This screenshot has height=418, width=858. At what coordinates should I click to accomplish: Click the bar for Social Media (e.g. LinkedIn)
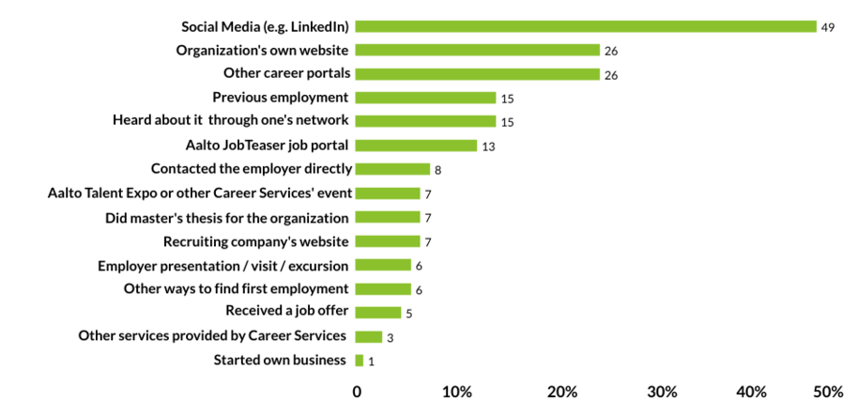pyautogui.click(x=586, y=26)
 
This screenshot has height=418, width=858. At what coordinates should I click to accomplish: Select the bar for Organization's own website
pyautogui.click(x=477, y=50)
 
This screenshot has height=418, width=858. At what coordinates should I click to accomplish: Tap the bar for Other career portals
pyautogui.click(x=477, y=74)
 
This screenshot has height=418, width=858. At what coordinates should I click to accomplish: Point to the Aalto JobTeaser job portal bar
pyautogui.click(x=416, y=146)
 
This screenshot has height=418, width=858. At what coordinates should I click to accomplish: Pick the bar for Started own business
pyautogui.click(x=360, y=361)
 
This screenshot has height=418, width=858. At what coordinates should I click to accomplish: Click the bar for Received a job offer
pyautogui.click(x=378, y=313)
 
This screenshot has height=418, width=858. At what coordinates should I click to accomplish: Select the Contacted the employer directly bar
pyautogui.click(x=392, y=169)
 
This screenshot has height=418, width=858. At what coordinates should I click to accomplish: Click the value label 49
pyautogui.click(x=828, y=27)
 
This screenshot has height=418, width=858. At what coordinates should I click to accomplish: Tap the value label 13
pyautogui.click(x=488, y=147)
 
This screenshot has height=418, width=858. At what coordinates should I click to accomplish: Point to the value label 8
pyautogui.click(x=438, y=170)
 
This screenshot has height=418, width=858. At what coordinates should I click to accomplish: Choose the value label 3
pyautogui.click(x=390, y=337)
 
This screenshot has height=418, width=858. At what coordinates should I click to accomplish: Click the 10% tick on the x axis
pyautogui.click(x=457, y=392)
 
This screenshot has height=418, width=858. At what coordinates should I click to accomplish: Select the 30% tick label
pyautogui.click(x=663, y=392)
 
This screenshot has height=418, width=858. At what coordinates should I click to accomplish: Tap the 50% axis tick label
pyautogui.click(x=828, y=392)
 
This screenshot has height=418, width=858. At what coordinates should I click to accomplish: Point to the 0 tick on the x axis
pyautogui.click(x=357, y=392)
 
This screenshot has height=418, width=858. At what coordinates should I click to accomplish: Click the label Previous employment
pyautogui.click(x=281, y=97)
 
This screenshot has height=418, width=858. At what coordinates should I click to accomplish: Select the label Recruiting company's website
pyautogui.click(x=256, y=241)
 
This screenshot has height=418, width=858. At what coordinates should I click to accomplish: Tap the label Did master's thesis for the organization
pyautogui.click(x=227, y=217)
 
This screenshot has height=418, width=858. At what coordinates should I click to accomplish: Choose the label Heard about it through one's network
pyautogui.click(x=231, y=120)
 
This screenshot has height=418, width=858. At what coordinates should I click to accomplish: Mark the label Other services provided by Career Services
pyautogui.click(x=213, y=336)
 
